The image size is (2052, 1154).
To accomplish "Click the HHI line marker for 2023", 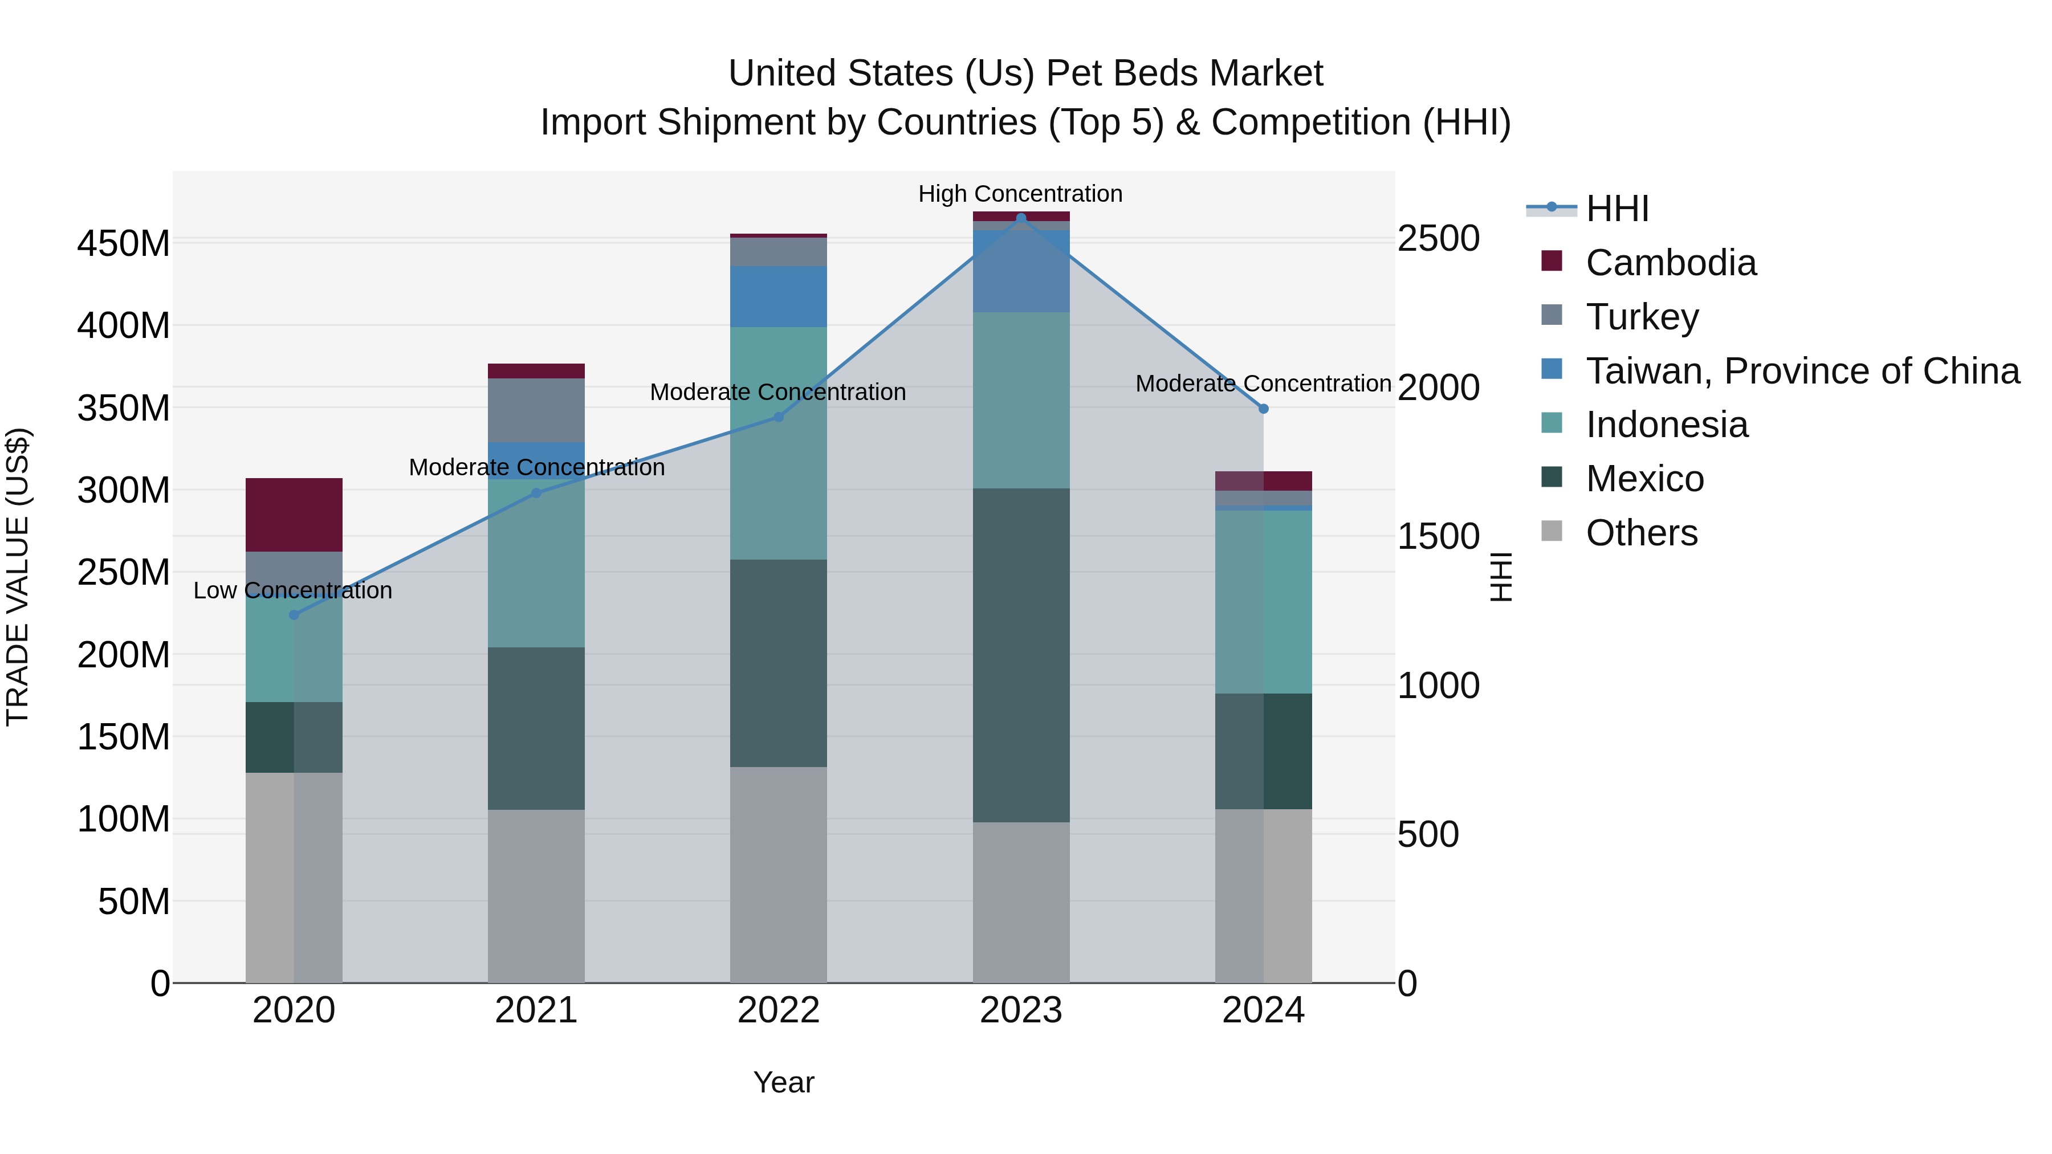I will [1021, 218].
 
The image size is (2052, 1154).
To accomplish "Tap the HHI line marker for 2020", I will [294, 615].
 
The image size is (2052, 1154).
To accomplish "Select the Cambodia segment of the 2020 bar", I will [294, 515].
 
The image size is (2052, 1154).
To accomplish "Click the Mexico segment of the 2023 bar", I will [1021, 655].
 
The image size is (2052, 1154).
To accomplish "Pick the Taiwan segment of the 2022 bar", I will [778, 296].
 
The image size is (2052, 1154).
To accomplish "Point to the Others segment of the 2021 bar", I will [536, 896].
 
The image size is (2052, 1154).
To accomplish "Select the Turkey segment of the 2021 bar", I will [536, 410].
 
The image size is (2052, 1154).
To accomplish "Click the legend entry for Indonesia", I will [1667, 425].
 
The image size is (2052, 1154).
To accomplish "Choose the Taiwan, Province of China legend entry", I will [1802, 370].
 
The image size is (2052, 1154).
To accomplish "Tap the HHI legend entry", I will [1617, 209].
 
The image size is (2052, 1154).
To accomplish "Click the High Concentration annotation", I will [1020, 194].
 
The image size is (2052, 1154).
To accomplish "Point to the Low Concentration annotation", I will [292, 590].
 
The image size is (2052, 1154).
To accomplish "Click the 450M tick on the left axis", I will [124, 243].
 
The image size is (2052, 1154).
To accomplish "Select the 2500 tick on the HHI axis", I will [1439, 238].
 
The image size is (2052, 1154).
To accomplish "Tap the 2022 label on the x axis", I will [778, 1010].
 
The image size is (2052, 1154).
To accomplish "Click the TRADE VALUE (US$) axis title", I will [18, 577].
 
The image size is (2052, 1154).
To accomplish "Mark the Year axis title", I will [784, 1082].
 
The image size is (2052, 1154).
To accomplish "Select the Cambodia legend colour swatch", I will [1552, 260].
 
